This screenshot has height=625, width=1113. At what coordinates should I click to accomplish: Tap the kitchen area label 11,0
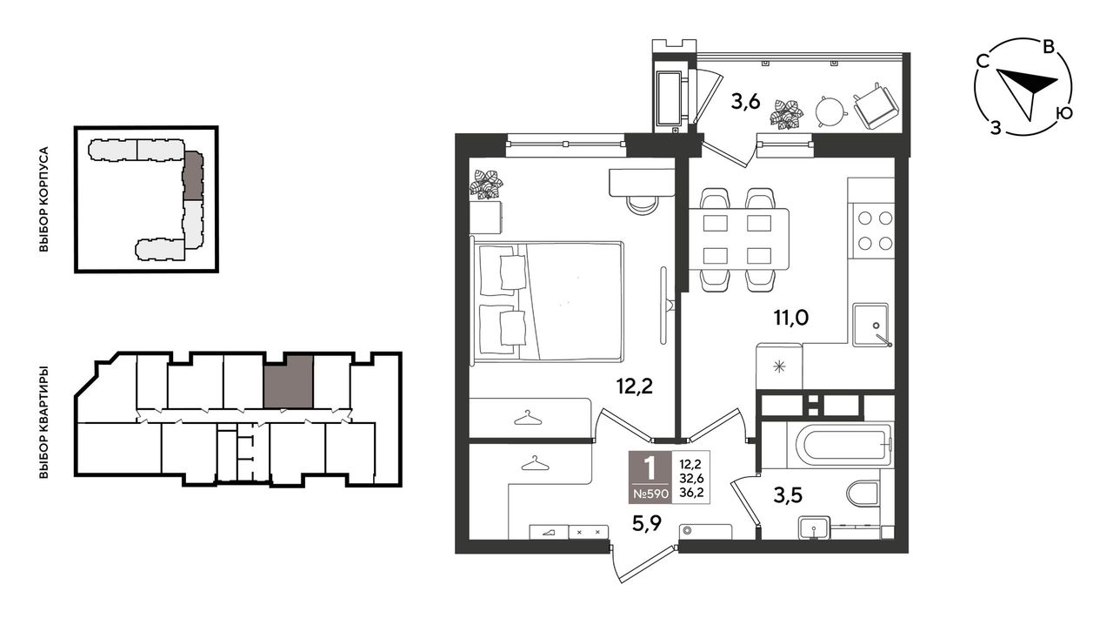pos(791,317)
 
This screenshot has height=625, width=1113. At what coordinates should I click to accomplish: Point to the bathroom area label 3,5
pos(788,495)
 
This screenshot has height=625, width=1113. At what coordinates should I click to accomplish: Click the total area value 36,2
pos(690,494)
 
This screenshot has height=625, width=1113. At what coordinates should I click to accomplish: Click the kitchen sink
pos(871,325)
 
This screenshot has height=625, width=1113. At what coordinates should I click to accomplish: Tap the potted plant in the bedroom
pos(486,185)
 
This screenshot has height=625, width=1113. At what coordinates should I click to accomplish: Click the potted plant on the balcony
pos(786,114)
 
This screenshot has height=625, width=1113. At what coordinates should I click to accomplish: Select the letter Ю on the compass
pos(1064,114)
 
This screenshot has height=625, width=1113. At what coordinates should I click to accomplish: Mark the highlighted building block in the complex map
pos(193,175)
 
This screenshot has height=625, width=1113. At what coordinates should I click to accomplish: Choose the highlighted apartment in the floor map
pos(288,381)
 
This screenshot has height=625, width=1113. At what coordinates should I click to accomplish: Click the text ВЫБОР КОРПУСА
pos(44,199)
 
